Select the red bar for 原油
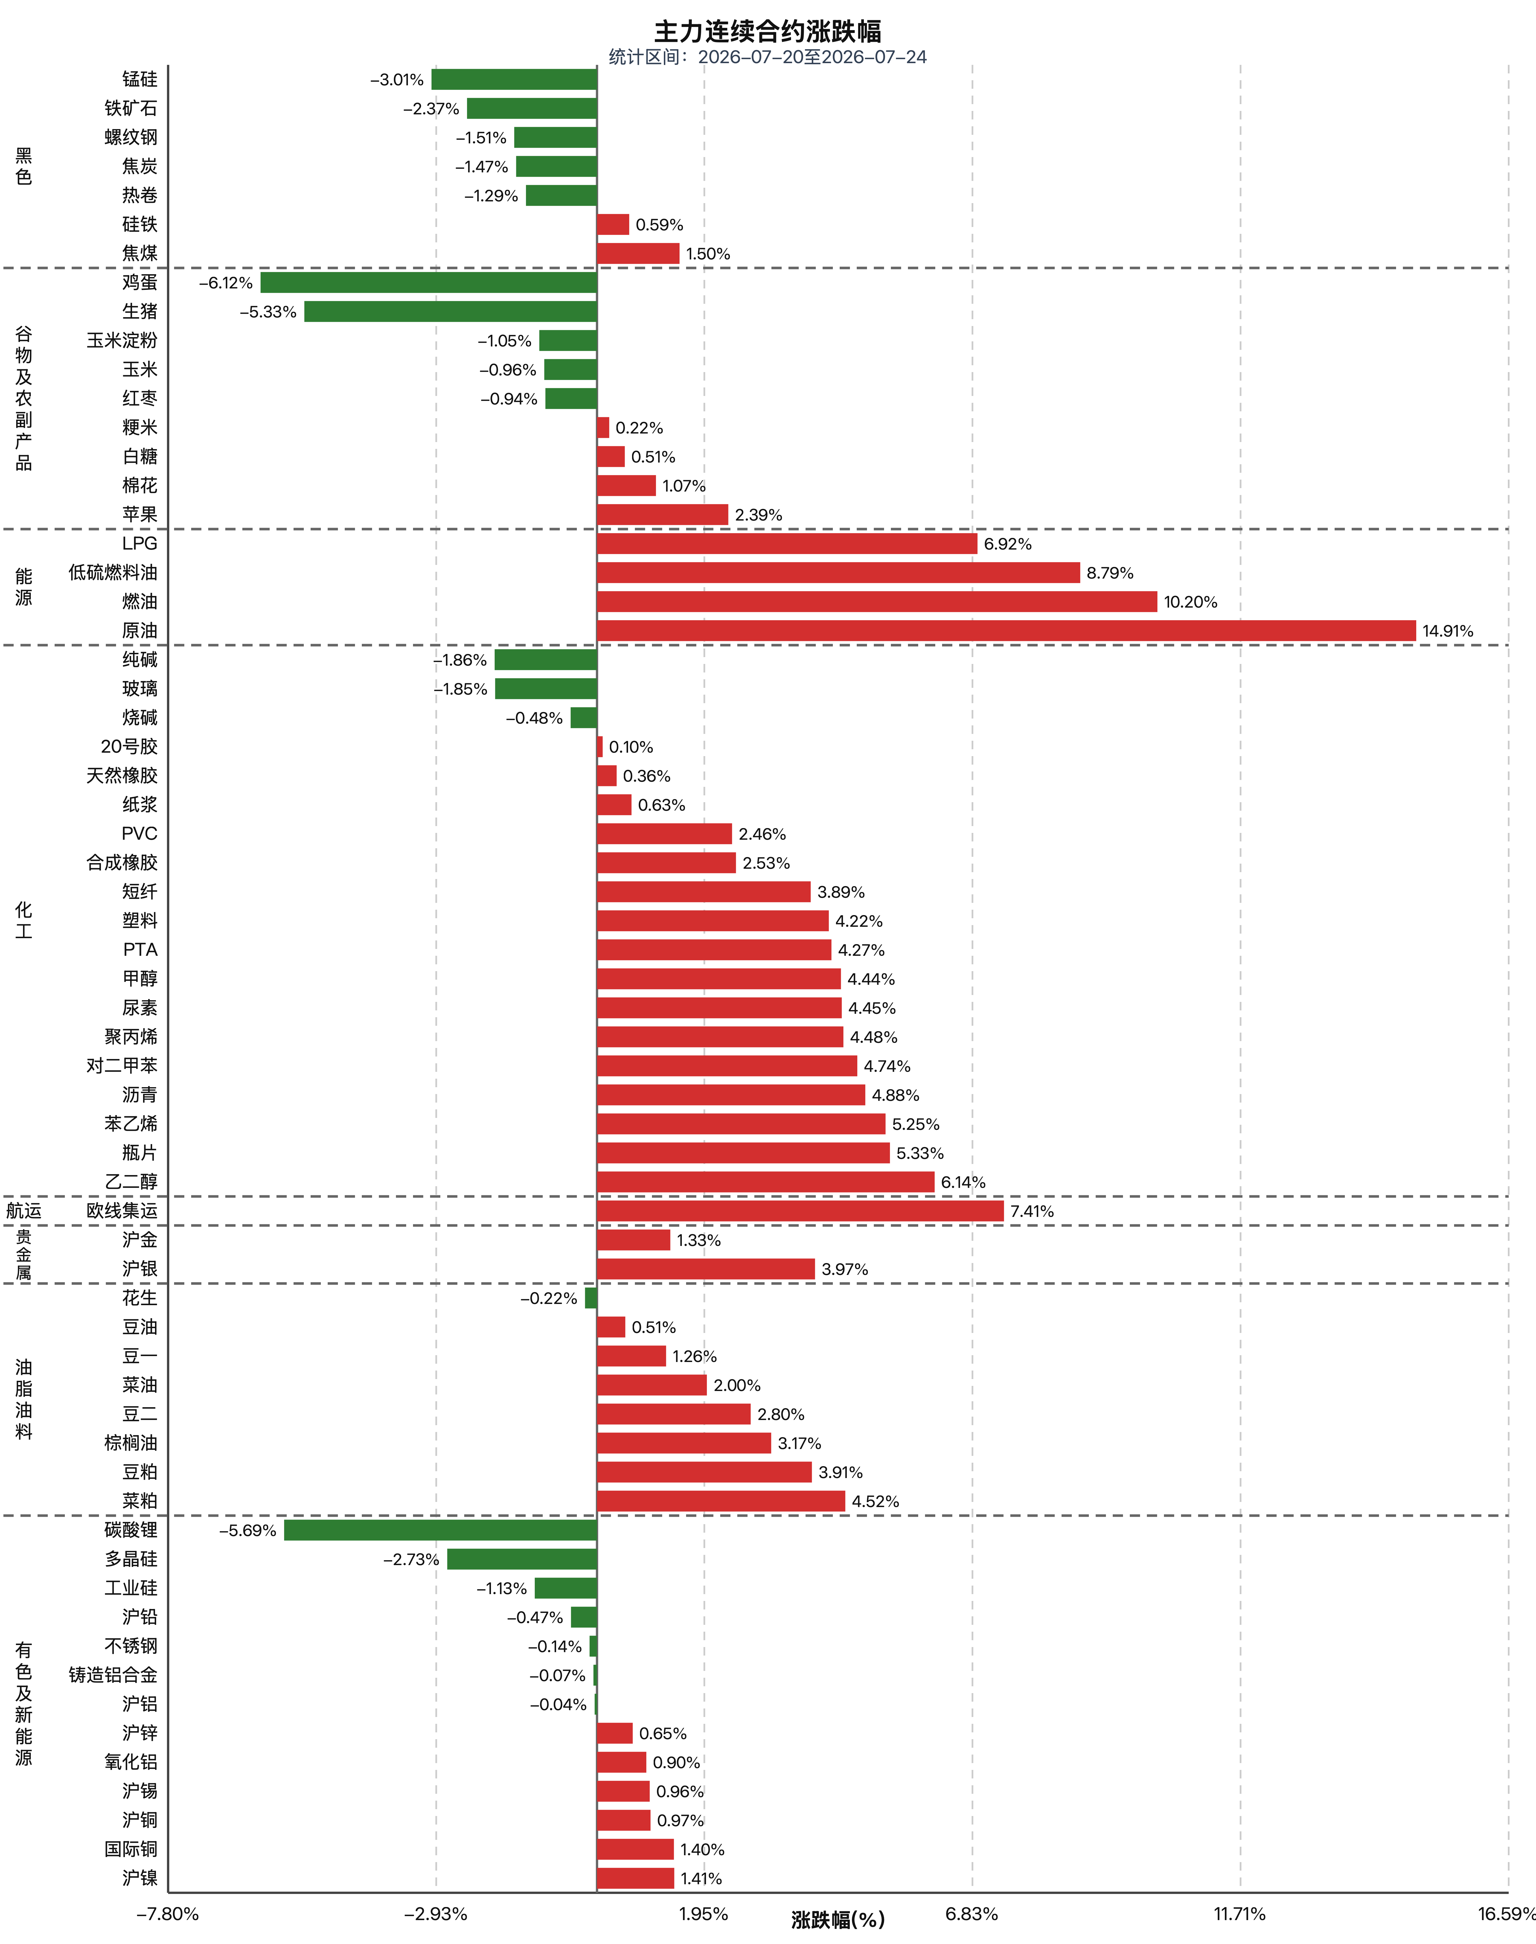point(1006,630)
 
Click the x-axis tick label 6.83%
point(971,1914)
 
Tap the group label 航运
point(24,1210)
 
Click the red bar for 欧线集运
point(800,1210)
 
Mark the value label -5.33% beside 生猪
point(268,312)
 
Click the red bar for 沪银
point(706,1269)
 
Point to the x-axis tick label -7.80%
point(167,1914)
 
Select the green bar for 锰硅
point(514,79)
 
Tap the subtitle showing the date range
point(767,57)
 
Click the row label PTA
point(140,950)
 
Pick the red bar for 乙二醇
point(765,1182)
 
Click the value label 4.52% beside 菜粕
point(875,1502)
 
